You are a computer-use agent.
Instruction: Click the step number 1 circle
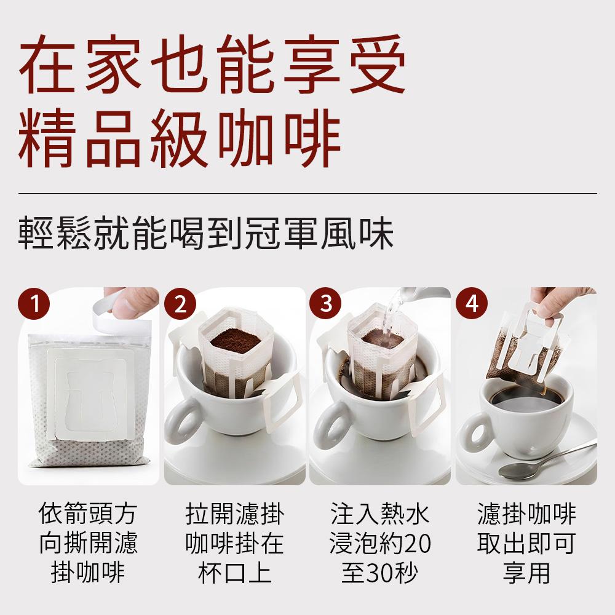(x=34, y=304)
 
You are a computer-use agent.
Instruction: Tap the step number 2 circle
(x=180, y=304)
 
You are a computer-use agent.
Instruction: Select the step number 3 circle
(x=326, y=304)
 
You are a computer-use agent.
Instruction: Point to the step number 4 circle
(x=472, y=304)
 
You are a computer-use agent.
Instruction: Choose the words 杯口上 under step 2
(x=234, y=573)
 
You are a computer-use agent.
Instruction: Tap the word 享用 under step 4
(x=526, y=573)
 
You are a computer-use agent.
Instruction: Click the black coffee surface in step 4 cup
(x=526, y=396)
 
